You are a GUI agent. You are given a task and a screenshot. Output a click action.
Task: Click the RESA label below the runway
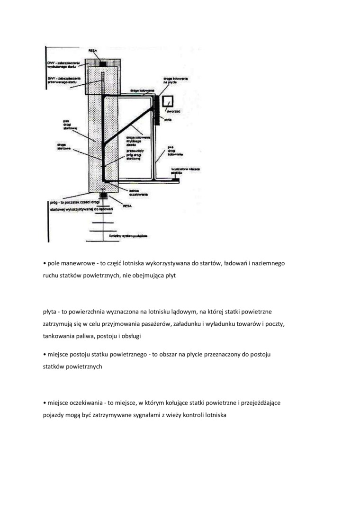(x=126, y=206)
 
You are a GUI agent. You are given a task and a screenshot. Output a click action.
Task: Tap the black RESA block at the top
(x=103, y=63)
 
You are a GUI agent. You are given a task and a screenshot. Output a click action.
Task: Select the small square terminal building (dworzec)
(x=167, y=102)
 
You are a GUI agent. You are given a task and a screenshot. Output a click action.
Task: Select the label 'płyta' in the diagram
(x=168, y=120)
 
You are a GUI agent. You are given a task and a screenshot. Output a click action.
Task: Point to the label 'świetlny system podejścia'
(x=135, y=235)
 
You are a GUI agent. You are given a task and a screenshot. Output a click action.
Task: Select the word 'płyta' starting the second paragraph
(x=50, y=312)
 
